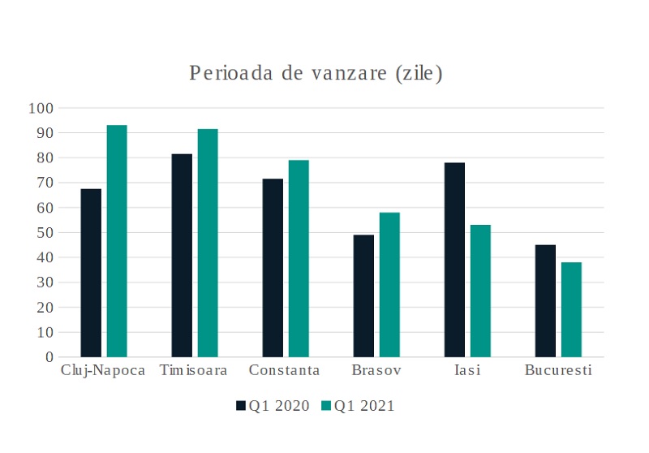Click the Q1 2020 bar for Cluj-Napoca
point(91,273)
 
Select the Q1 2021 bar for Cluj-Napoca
point(117,241)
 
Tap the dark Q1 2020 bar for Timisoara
point(182,255)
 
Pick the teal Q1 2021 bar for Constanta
point(299,258)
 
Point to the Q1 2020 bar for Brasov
point(363,296)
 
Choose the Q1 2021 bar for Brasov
point(389,284)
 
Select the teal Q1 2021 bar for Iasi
point(480,291)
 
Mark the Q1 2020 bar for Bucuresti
point(545,300)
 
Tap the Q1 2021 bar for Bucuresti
point(571,309)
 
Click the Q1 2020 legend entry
point(273,406)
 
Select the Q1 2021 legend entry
point(358,406)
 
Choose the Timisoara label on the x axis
point(193,371)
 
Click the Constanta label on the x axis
point(284,371)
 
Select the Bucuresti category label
point(558,371)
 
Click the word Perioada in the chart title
point(226,74)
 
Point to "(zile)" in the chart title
point(418,74)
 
